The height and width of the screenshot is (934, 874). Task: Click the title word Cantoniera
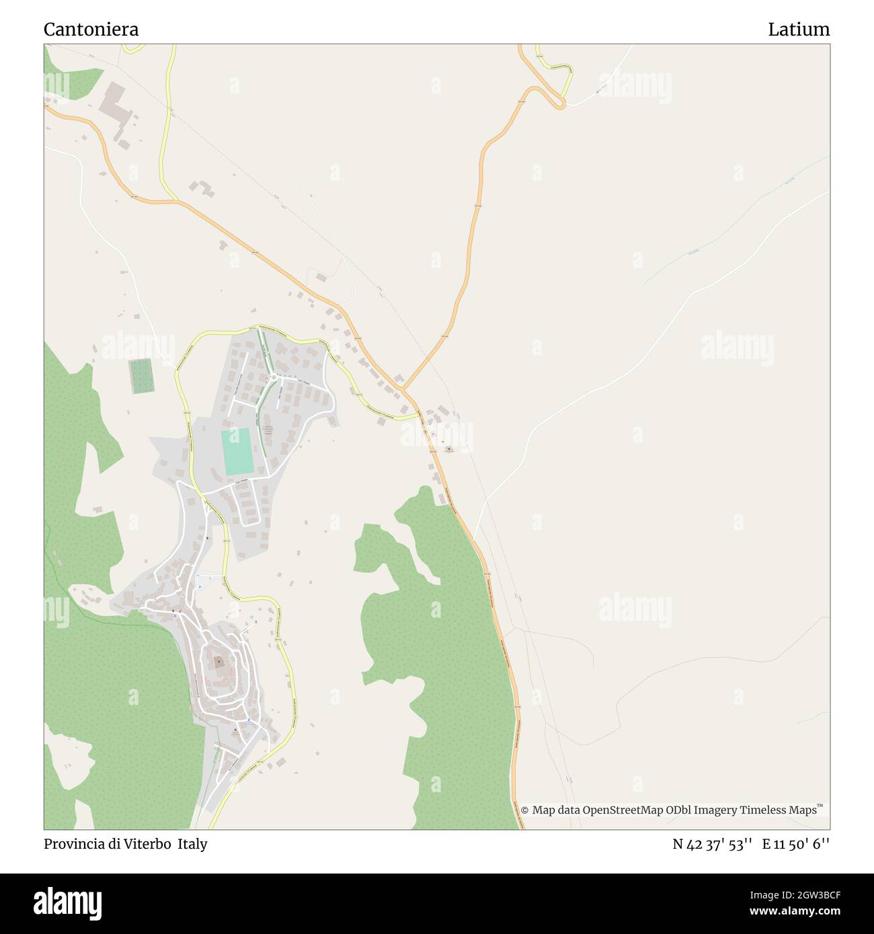(91, 30)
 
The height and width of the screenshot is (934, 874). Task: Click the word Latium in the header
(799, 30)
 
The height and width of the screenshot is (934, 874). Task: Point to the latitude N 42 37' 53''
(712, 844)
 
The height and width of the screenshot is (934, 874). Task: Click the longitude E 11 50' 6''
(796, 844)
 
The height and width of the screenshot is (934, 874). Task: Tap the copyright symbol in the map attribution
(524, 810)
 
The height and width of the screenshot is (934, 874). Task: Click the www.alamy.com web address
(791, 912)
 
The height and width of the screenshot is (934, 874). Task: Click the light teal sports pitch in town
(237, 452)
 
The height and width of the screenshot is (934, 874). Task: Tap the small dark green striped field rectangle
(141, 376)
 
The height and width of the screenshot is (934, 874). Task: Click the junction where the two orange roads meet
(403, 389)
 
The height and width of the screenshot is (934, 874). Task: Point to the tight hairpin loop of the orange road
(557, 101)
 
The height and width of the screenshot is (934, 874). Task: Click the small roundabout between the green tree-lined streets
(274, 377)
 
